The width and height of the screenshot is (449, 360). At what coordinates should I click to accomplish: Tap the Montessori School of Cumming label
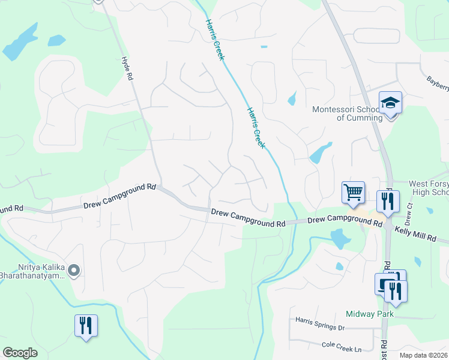pyautogui.click(x=347, y=113)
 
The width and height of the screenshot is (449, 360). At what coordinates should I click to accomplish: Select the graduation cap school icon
pyautogui.click(x=390, y=103)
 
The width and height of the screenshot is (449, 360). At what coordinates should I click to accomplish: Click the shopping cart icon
pyautogui.click(x=353, y=193)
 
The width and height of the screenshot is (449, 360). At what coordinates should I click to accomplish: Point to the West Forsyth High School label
pyautogui.click(x=428, y=188)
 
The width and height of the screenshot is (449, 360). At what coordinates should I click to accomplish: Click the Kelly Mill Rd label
pyautogui.click(x=415, y=233)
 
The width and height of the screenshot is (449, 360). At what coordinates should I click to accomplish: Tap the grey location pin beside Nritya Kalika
pyautogui.click(x=74, y=271)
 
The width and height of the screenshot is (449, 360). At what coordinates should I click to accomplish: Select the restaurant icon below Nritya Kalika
pyautogui.click(x=86, y=326)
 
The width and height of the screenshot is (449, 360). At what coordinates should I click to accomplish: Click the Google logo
pyautogui.click(x=20, y=353)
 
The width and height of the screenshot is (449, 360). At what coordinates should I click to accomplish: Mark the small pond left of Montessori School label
pyautogui.click(x=292, y=98)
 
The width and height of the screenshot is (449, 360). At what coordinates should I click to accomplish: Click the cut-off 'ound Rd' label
pyautogui.click(x=11, y=209)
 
